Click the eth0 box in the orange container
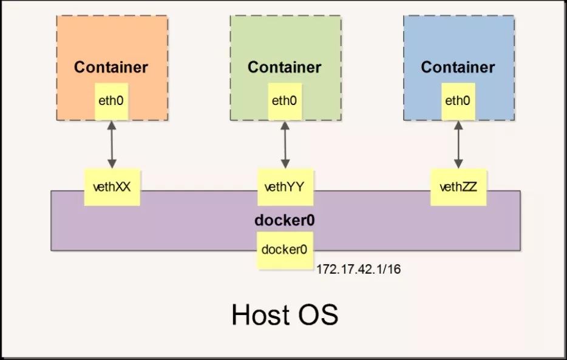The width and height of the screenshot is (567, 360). [111, 101]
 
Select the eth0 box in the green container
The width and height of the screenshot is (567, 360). [285, 101]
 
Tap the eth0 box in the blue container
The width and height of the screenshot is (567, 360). [458, 101]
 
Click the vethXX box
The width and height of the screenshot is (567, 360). [112, 187]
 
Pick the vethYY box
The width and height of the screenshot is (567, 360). [285, 187]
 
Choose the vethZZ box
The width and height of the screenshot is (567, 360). [458, 187]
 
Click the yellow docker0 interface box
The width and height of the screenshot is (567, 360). [285, 250]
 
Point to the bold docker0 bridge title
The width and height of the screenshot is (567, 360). [285, 220]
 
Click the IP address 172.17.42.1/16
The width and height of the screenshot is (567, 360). [359, 270]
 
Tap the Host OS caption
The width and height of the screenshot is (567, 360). [285, 314]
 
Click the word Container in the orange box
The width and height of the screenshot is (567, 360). [111, 67]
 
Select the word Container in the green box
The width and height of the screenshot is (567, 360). [285, 67]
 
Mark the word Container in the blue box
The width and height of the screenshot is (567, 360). [458, 67]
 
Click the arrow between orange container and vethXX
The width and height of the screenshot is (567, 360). [112, 144]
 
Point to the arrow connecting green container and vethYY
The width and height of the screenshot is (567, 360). [285, 144]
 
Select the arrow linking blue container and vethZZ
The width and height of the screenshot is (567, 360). [458, 144]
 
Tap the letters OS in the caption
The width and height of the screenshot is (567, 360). [319, 314]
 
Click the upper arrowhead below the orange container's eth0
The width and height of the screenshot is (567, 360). [112, 126]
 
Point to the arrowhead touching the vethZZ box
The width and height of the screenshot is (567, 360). [458, 164]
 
